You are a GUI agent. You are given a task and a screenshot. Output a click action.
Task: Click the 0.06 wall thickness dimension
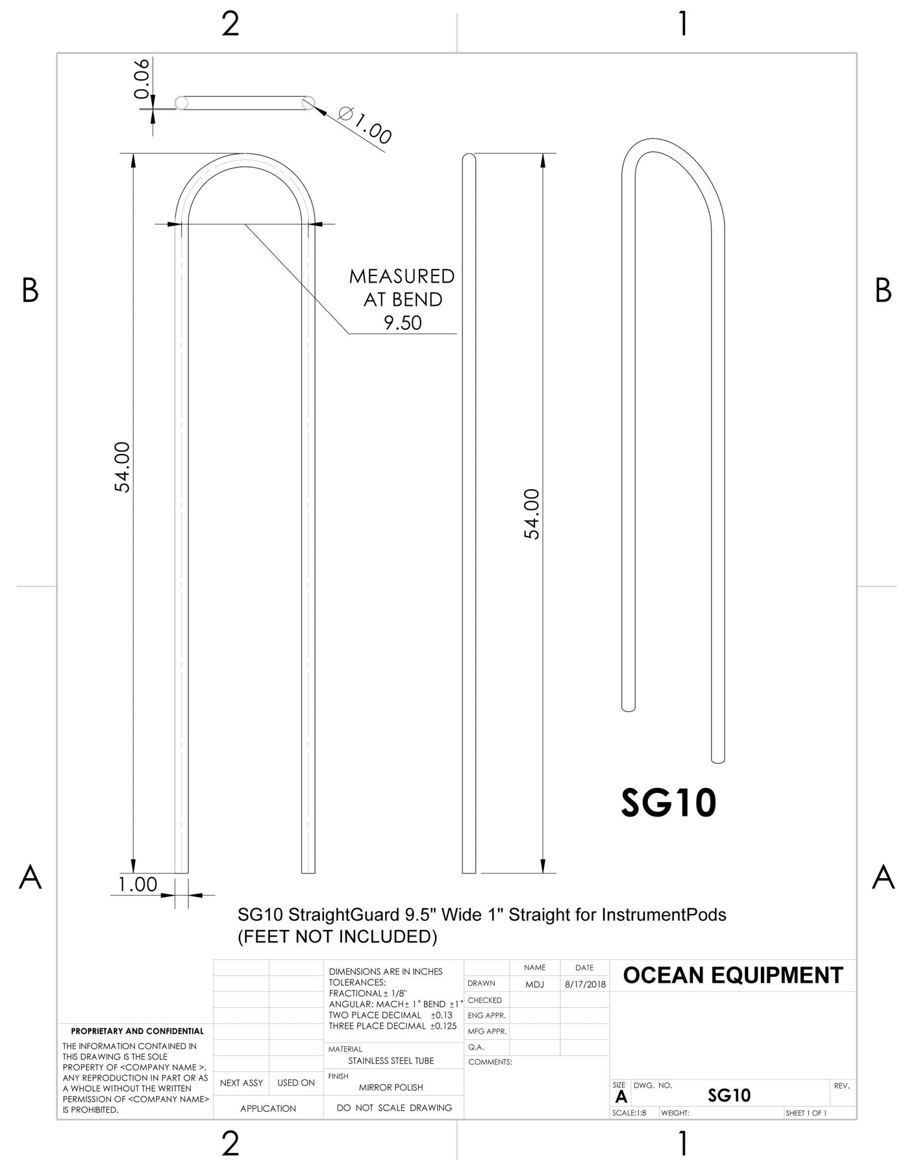[142, 79]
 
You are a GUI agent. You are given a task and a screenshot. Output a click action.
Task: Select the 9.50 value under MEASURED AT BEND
[403, 323]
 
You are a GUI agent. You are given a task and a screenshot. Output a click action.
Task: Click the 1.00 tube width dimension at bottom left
[138, 884]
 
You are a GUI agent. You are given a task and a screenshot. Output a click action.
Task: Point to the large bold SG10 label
[669, 803]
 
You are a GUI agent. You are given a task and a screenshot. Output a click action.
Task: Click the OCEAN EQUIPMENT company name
[733, 976]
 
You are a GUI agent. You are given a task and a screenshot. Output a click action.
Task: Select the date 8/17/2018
[585, 985]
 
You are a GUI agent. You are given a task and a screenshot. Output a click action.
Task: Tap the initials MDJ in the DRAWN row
[535, 985]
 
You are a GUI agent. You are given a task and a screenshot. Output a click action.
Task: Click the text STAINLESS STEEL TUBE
[391, 1061]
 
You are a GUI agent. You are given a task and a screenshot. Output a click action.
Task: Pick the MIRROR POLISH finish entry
[391, 1087]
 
